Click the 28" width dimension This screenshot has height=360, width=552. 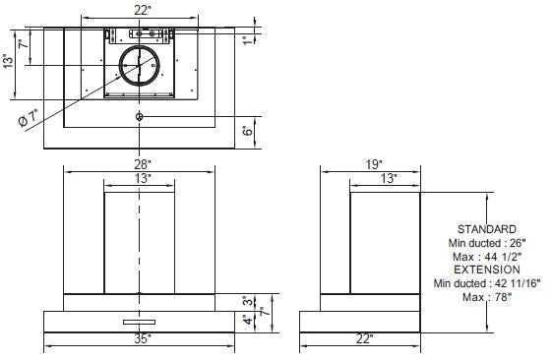pyautogui.click(x=142, y=163)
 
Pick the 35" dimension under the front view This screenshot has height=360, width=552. pyautogui.click(x=142, y=338)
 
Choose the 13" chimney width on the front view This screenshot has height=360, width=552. pyautogui.click(x=142, y=179)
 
